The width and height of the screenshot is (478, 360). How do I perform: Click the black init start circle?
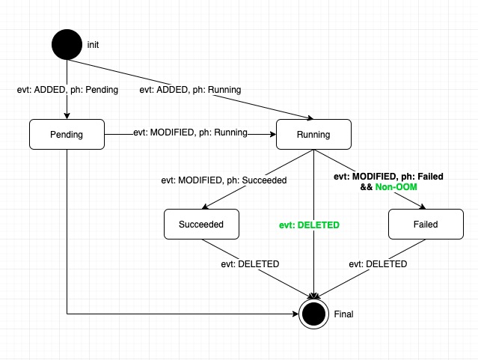67,44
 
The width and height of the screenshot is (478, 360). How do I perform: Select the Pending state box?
67,135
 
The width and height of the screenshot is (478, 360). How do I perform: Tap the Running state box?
313,135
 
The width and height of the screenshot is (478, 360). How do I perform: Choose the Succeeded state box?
201,224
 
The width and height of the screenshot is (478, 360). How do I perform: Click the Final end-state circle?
314,314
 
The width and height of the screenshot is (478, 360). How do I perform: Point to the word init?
93,45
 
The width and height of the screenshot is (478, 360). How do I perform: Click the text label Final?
344,314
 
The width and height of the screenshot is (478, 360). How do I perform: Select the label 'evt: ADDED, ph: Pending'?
67,90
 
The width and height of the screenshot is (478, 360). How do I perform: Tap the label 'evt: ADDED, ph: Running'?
190,90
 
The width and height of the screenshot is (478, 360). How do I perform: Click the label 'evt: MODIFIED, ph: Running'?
190,133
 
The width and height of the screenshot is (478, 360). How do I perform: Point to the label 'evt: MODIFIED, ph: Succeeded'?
224,180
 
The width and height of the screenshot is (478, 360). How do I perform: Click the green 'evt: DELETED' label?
309,225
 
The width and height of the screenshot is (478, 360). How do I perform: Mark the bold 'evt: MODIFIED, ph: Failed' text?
387,177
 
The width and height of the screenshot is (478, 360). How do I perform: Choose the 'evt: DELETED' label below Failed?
379,263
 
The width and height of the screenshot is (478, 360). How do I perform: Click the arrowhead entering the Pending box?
67,116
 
